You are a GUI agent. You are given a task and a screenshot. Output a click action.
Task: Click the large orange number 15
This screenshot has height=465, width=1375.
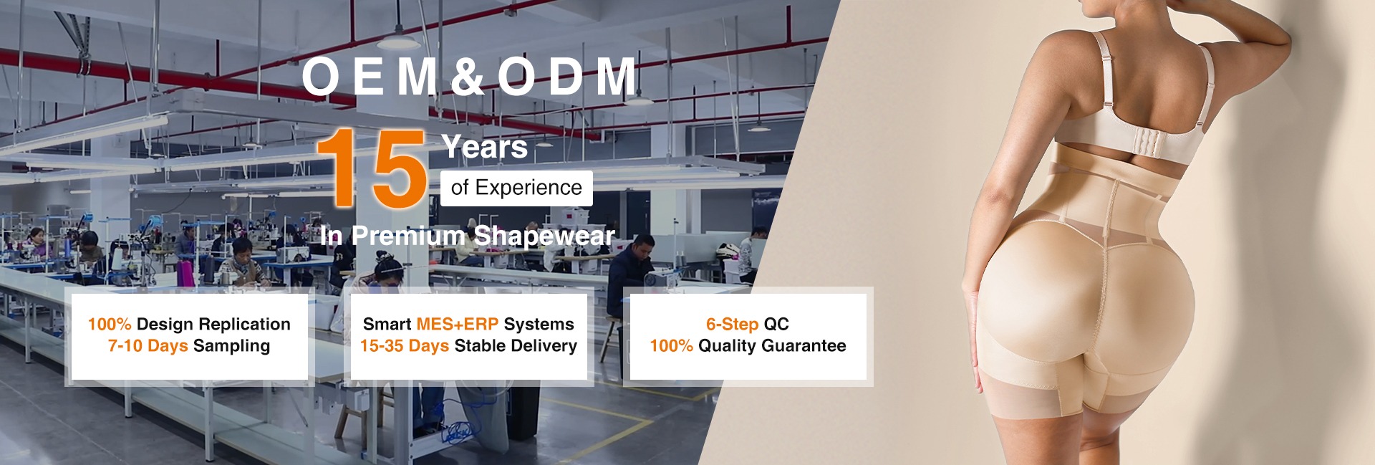coord(372,168)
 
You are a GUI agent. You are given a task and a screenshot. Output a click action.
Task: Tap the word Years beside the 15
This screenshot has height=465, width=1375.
coord(485,147)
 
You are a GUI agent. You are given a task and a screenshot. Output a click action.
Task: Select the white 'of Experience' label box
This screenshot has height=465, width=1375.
coord(516,188)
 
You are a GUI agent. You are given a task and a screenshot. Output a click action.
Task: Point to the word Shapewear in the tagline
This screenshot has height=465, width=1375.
coord(544,236)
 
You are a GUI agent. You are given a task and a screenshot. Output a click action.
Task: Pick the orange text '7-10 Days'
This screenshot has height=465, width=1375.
coord(148,346)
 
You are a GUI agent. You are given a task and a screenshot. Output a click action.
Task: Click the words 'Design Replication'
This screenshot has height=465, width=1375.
coord(213,325)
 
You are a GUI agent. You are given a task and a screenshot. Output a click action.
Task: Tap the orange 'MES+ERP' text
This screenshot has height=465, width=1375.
coord(457,325)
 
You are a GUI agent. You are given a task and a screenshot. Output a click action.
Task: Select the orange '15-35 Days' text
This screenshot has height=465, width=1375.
coord(405,346)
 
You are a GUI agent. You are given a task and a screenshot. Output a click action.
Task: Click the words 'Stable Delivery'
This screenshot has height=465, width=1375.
coord(516,346)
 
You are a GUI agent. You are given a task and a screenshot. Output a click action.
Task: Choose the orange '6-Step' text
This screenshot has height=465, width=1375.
coord(732,325)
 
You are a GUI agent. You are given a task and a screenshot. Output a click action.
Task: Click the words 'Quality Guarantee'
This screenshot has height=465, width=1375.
coord(772,346)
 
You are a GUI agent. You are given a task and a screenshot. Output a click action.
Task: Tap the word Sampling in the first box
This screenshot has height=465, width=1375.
coord(231,346)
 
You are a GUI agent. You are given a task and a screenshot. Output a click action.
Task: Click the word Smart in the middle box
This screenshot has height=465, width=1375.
coord(387,325)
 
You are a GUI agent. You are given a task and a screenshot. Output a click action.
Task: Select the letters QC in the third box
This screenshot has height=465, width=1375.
coord(776,325)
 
